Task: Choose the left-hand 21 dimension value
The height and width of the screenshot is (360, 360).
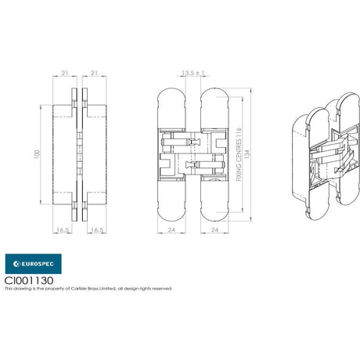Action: tap(64, 73)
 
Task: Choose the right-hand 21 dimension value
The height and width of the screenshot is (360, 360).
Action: tap(94, 73)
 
